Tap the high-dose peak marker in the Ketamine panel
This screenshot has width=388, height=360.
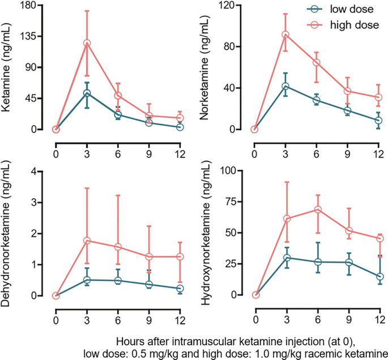click(87, 43)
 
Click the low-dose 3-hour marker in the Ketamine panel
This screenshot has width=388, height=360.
click(87, 93)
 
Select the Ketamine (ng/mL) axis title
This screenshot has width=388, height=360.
click(8, 67)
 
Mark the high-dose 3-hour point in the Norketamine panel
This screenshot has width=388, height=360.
click(286, 35)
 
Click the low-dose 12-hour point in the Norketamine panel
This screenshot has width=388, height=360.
click(378, 120)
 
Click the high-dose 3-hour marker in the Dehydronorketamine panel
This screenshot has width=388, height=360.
click(87, 240)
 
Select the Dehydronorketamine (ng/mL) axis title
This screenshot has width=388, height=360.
click(8, 232)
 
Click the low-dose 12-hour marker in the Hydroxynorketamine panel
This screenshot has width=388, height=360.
click(378, 276)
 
